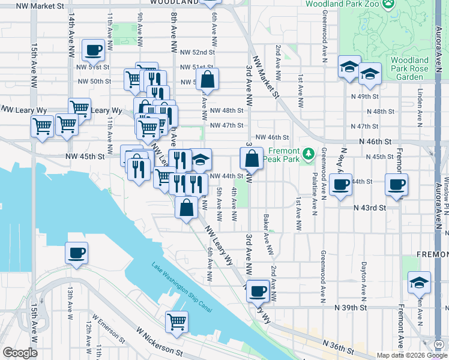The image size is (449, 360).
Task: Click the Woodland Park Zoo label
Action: tap(342, 4)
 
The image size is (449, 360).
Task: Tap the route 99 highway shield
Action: tap(439, 344)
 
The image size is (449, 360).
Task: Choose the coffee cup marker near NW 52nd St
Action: tap(94, 51)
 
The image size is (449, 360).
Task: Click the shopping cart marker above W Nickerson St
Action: tap(176, 322)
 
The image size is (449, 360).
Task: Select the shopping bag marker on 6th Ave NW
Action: tap(207, 79)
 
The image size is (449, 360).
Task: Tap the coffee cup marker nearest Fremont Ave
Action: tap(396, 184)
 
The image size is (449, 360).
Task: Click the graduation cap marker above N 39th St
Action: tap(419, 282)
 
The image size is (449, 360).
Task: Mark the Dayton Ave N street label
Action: tap(363, 280)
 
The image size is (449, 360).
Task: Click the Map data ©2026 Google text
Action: tap(411, 355)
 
